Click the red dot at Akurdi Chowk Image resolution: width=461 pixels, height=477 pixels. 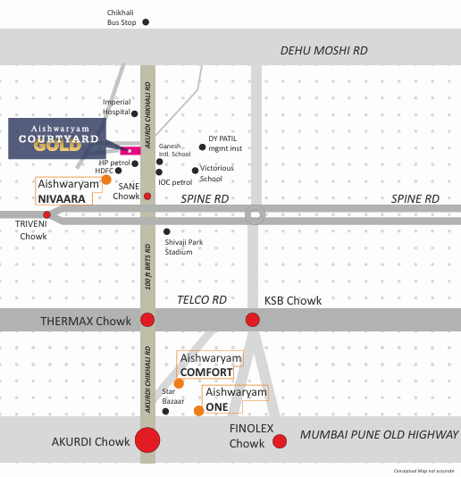tap(147, 439)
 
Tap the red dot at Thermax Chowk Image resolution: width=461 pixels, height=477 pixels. tap(147, 320)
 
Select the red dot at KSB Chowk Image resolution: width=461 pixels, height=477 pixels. tap(253, 320)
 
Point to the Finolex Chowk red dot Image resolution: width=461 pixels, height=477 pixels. tap(280, 441)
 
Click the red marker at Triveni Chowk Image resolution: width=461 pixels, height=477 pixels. tap(46, 215)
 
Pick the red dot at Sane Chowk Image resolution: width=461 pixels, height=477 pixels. tap(147, 197)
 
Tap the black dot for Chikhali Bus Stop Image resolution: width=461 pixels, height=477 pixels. tap(146, 22)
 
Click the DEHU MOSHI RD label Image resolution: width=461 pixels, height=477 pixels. tap(324, 51)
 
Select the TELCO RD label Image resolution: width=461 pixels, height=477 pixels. tap(202, 300)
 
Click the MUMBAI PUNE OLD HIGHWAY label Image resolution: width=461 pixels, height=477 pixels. tap(379, 434)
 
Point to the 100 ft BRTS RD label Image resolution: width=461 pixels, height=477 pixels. tap(148, 267)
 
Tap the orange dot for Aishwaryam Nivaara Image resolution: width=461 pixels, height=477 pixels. tap(106, 180)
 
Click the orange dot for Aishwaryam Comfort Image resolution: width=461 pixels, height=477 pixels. tap(179, 383)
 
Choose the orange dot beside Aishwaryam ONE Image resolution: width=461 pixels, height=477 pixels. tap(198, 411)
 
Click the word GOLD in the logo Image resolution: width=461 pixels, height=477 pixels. tap(57, 146)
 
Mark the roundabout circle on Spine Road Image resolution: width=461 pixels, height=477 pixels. tap(255, 214)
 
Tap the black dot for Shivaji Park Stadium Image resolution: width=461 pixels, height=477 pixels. tap(167, 232)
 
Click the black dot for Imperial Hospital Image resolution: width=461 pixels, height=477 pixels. tap(135, 113)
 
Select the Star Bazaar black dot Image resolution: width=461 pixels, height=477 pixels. tap(165, 412)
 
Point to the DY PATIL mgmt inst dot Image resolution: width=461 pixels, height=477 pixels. tap(202, 147)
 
